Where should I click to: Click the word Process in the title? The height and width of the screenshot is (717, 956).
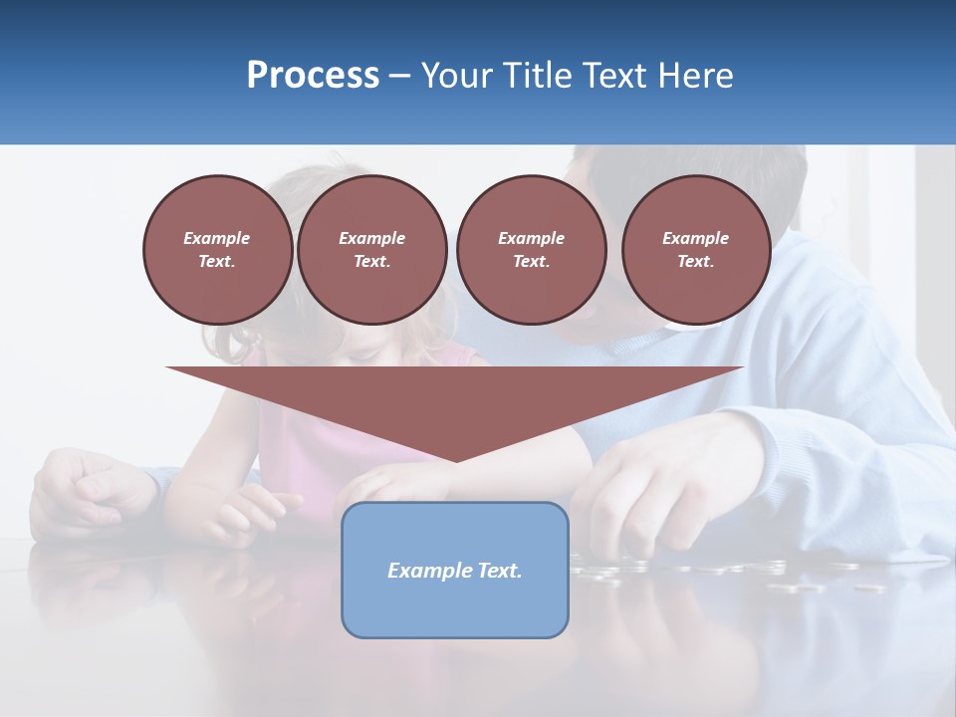tap(313, 76)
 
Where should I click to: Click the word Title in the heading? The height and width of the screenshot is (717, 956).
tap(536, 76)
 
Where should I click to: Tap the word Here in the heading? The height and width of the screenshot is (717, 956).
tap(698, 76)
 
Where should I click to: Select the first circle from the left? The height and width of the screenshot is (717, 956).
tap(217, 250)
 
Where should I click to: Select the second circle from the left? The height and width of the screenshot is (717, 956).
tap(371, 250)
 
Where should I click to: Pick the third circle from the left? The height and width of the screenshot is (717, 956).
tap(531, 250)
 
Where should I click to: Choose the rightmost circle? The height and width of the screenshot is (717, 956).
tap(695, 250)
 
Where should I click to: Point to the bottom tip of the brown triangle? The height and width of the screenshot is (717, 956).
tap(455, 460)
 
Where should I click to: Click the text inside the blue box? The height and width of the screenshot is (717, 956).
tap(455, 571)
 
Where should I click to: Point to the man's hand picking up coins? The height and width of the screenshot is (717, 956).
tap(637, 498)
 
